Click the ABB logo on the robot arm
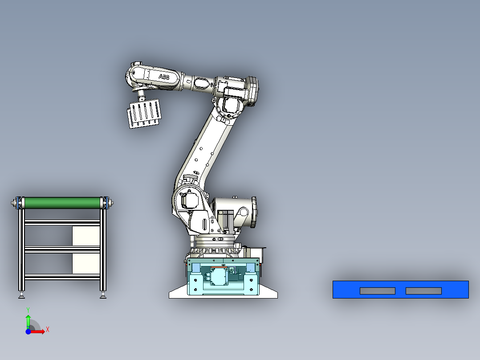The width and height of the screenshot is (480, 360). coord(164,77)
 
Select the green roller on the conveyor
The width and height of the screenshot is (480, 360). coord(62,203)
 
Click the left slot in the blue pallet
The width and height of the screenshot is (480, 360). coord(378,291)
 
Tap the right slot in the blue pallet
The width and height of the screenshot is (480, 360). coord(424,291)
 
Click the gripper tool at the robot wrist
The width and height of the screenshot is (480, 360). coord(144,113)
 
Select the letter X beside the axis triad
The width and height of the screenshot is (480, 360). coord(48,330)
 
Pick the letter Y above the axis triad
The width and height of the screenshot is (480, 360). coord(28,310)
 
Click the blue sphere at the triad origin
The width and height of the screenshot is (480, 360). coord(28,331)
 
